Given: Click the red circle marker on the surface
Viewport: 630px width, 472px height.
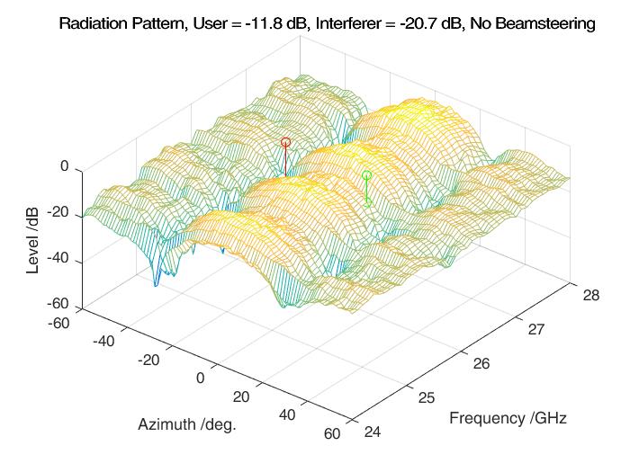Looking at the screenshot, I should [285, 142].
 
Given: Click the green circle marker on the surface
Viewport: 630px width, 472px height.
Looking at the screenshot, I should [366, 175].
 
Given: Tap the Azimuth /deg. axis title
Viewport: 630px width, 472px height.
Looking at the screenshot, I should [187, 423].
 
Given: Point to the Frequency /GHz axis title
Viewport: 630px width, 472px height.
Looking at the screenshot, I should [508, 418].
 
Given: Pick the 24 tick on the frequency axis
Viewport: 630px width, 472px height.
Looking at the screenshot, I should [371, 433].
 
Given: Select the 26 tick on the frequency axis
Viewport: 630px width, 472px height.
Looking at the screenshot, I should [481, 363].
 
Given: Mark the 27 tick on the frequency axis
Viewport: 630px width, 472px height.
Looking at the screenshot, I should [535, 329].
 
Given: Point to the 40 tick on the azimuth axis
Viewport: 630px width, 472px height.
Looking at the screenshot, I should [287, 415].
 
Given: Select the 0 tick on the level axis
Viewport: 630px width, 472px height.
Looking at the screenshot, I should [64, 166].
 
